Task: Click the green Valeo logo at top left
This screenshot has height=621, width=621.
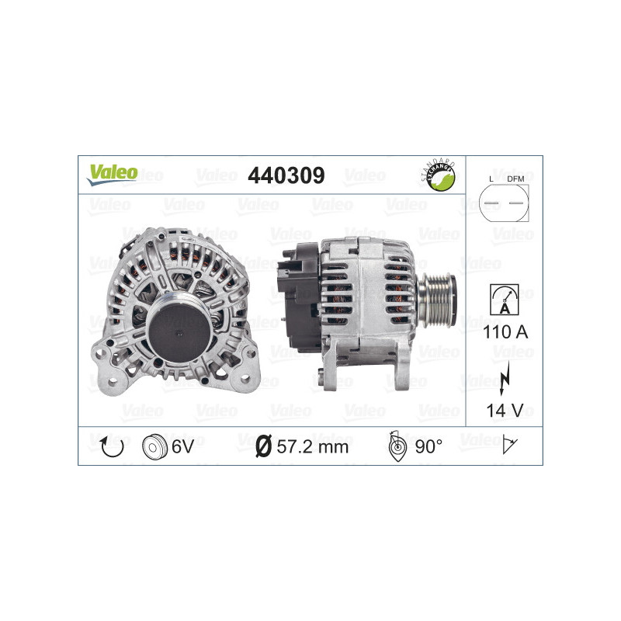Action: pos(112,174)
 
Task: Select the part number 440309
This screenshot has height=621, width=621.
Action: pos(286,175)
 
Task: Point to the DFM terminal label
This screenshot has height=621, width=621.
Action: pos(515,180)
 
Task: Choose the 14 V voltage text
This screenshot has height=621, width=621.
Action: pos(504,409)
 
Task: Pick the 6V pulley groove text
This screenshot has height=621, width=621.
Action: pos(183,446)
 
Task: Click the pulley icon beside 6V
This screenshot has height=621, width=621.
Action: pos(155,446)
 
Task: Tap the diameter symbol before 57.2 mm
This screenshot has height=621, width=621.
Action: pos(263,446)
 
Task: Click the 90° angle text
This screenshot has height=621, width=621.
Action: pos(428,446)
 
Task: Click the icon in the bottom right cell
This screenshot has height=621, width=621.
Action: pos(511,446)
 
